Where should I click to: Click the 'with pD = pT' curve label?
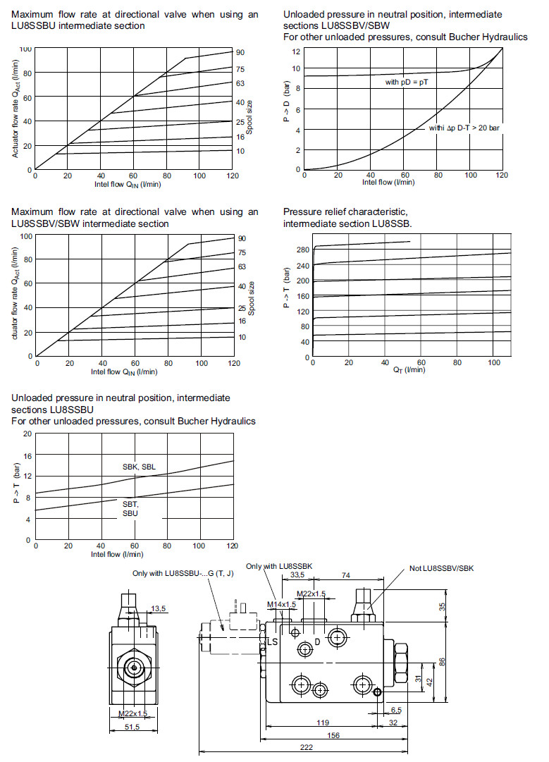[x=412, y=82]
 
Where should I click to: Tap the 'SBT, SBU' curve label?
[x=131, y=509]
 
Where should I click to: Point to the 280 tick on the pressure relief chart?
[x=304, y=250]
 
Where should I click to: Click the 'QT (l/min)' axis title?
[x=409, y=370]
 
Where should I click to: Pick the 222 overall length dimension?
[x=306, y=748]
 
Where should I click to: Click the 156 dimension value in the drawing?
[x=333, y=735]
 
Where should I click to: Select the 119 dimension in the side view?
[x=323, y=723]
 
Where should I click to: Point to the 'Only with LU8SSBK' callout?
[x=279, y=566]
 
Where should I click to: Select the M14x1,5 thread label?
[x=281, y=604]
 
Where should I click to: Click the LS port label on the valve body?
[x=273, y=641]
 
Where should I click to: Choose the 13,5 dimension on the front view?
[x=159, y=608]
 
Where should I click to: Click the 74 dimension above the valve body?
[x=345, y=576]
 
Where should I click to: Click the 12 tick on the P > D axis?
[x=297, y=51]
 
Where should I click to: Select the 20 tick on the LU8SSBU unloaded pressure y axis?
[x=27, y=434]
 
